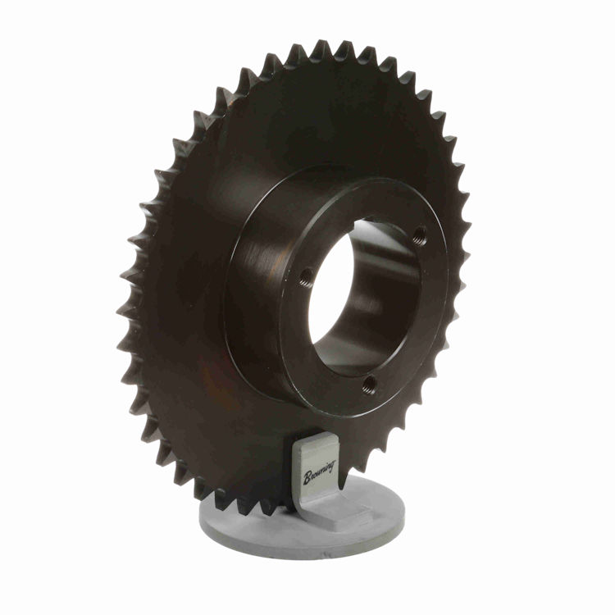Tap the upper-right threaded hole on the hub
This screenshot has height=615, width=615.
[419, 236]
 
